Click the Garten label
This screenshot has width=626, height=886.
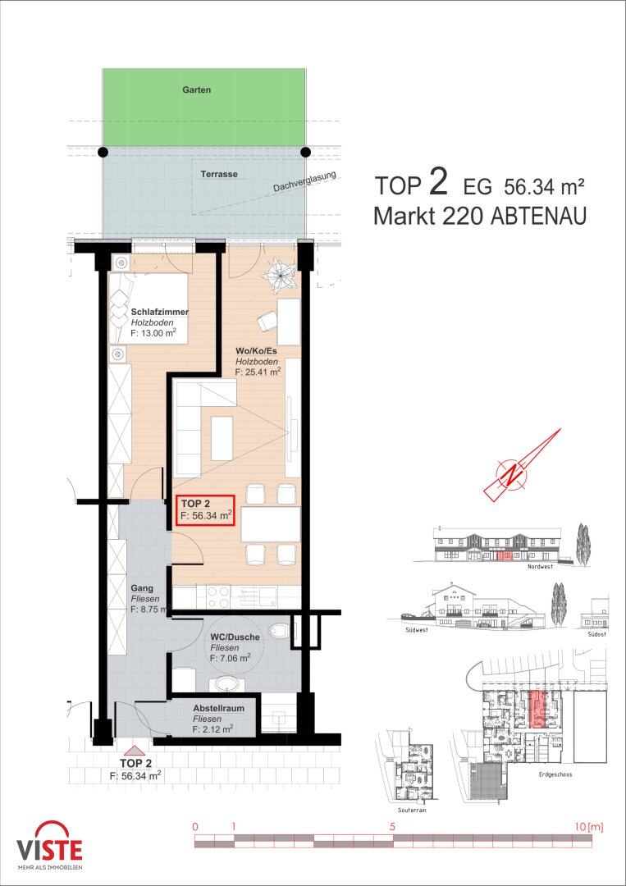point(197,90)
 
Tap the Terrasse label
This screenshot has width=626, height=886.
point(218,174)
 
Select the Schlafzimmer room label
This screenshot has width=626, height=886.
point(160,312)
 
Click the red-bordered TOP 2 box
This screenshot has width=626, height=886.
point(205,510)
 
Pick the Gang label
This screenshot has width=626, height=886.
point(141,588)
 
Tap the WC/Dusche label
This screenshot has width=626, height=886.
point(235,637)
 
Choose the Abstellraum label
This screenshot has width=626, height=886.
point(218,708)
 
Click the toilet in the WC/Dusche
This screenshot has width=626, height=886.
point(278,629)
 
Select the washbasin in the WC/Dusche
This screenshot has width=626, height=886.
point(226,684)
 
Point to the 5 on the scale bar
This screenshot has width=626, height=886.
point(392,827)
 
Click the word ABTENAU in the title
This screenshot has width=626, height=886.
point(538,216)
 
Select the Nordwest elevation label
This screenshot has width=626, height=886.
point(540,567)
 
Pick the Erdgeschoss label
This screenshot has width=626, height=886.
point(555,774)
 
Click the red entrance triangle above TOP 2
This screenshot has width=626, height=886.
point(135,750)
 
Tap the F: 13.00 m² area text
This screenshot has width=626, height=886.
point(153,333)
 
